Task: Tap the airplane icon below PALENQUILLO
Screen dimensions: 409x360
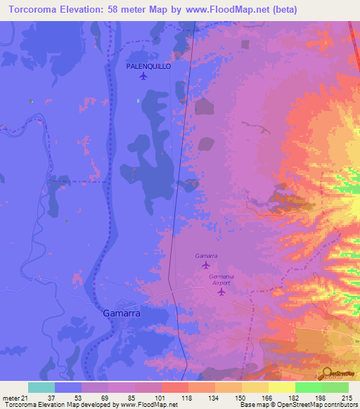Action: coord(144,77)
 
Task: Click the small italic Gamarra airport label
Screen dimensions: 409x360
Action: coord(206,257)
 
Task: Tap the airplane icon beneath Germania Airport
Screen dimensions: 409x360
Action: coord(221,291)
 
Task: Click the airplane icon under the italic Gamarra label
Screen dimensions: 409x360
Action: coord(206,266)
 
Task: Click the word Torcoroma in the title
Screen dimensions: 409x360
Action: coord(33,9)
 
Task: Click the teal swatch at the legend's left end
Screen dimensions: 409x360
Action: coord(41,387)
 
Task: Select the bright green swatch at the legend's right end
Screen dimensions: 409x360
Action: coord(335,387)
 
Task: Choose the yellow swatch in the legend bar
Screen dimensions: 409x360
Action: coord(281,387)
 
